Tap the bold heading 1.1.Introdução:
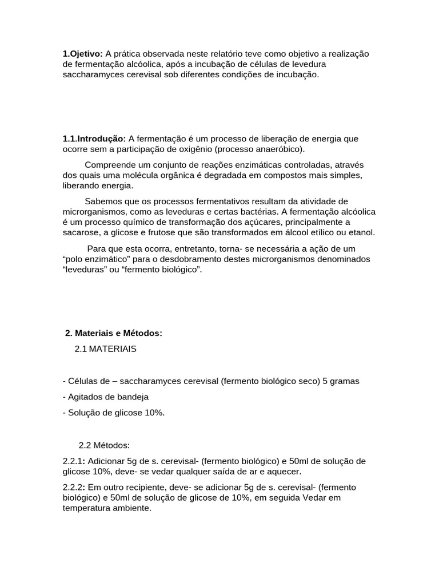[x=94, y=138]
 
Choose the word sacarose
[x=79, y=232]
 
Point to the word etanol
[x=361, y=232]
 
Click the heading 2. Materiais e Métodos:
[x=114, y=333]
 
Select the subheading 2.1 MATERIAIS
[x=106, y=349]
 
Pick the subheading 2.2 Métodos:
[x=104, y=445]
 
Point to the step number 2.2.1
[x=73, y=461]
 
